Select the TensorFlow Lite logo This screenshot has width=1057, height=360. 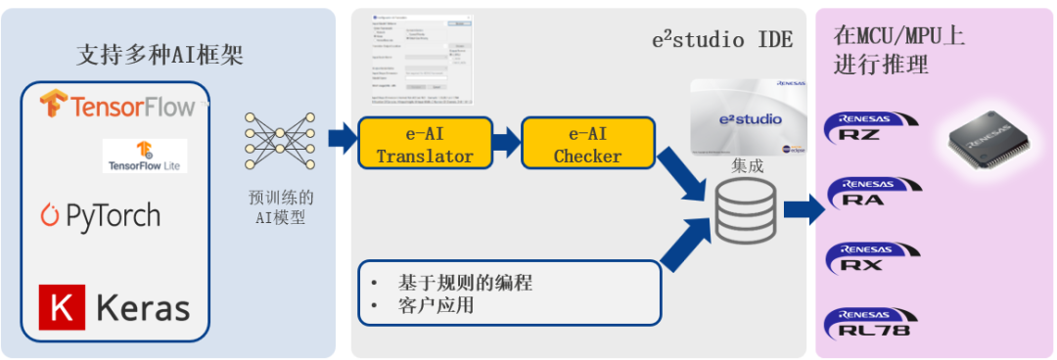coord(144,156)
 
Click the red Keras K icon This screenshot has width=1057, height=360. coord(60,307)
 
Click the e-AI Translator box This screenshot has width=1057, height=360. coord(425,144)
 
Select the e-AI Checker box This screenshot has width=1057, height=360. coord(587,144)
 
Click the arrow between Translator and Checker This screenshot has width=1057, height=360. coord(505,143)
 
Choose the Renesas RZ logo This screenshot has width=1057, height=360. coord(872,128)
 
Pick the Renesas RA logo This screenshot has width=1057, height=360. coord(872,193)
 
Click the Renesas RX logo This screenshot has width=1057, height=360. coord(872,257)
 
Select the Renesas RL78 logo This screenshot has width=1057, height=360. coord(872,324)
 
